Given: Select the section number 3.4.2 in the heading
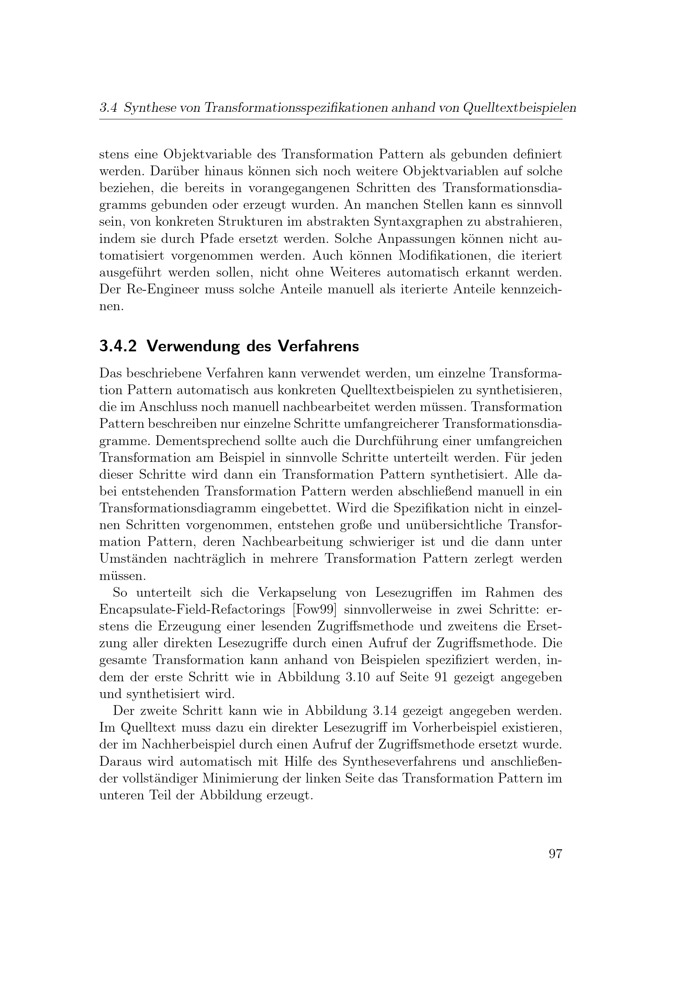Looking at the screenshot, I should tap(118, 346).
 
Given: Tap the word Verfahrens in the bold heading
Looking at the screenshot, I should tap(318, 346).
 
